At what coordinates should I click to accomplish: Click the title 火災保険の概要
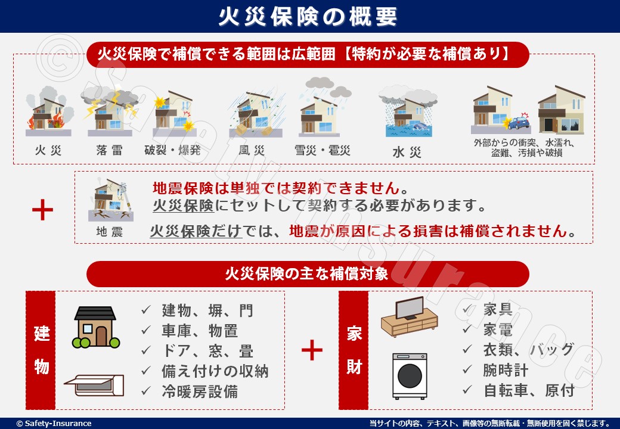[308, 17]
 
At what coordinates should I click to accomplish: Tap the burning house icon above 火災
[49, 113]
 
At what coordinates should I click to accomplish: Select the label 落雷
[109, 150]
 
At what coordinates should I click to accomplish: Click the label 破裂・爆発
[172, 150]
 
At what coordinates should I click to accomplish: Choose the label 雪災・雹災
[323, 150]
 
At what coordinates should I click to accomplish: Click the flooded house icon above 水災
[408, 113]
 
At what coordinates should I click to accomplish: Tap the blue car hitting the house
[519, 123]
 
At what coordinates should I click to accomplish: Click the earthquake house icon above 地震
[111, 200]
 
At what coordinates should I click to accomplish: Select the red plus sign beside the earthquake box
[42, 210]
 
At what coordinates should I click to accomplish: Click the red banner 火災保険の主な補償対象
[308, 273]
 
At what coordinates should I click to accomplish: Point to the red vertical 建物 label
[41, 350]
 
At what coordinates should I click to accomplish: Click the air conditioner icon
[94, 385]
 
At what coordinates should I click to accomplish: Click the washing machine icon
[410, 376]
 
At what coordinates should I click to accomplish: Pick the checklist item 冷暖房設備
[200, 391]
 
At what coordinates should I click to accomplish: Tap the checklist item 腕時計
[506, 370]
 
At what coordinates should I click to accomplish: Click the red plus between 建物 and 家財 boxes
[312, 350]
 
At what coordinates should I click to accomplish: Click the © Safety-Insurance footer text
[54, 424]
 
